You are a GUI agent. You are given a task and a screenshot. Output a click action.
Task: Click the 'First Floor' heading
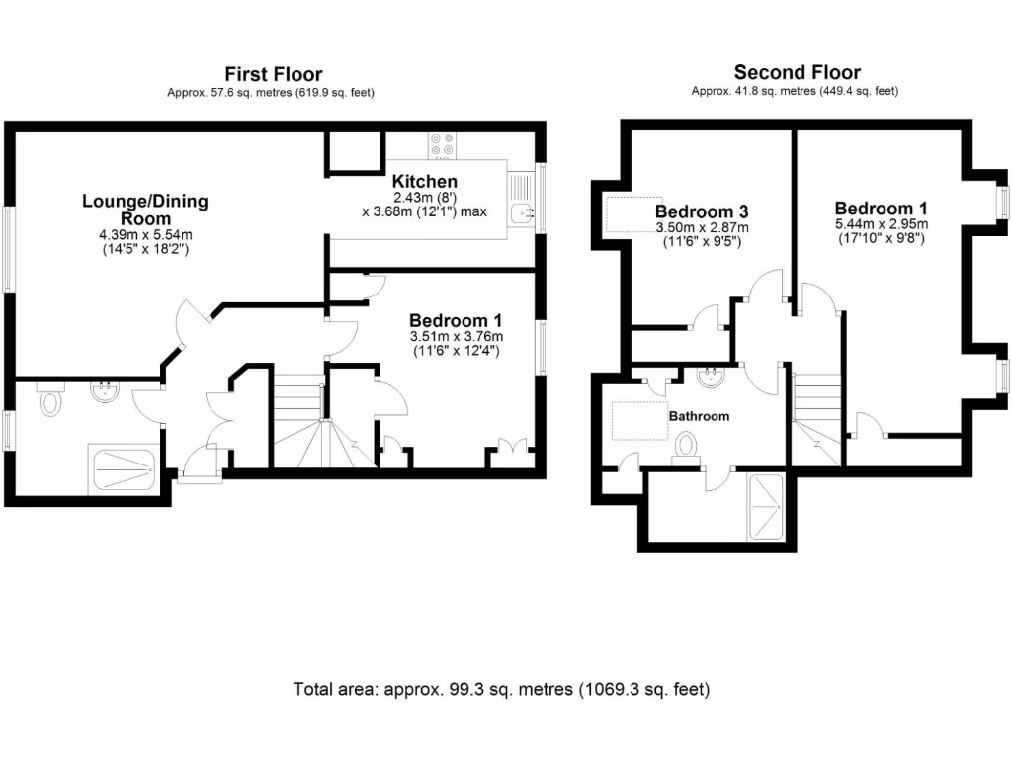pyautogui.click(x=273, y=74)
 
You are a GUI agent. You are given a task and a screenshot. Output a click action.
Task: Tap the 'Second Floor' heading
pyautogui.click(x=797, y=72)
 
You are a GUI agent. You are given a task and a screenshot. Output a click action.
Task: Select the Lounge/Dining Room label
pyautogui.click(x=145, y=210)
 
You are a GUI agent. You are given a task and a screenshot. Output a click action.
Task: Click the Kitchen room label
pyautogui.click(x=424, y=182)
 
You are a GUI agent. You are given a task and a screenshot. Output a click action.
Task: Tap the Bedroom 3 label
pyautogui.click(x=702, y=211)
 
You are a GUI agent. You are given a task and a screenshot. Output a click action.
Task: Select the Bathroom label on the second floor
pyautogui.click(x=699, y=416)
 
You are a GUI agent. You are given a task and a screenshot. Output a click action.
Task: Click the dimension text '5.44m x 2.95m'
pyautogui.click(x=880, y=224)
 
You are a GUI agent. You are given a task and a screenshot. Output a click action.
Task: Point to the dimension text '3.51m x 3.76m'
pyautogui.click(x=456, y=336)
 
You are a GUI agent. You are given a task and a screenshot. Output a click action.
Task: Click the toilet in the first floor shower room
pyautogui.click(x=48, y=403)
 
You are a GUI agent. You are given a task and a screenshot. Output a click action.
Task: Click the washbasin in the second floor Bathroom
pyautogui.click(x=711, y=377)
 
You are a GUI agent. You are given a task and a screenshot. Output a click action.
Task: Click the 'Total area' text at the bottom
pyautogui.click(x=501, y=689)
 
